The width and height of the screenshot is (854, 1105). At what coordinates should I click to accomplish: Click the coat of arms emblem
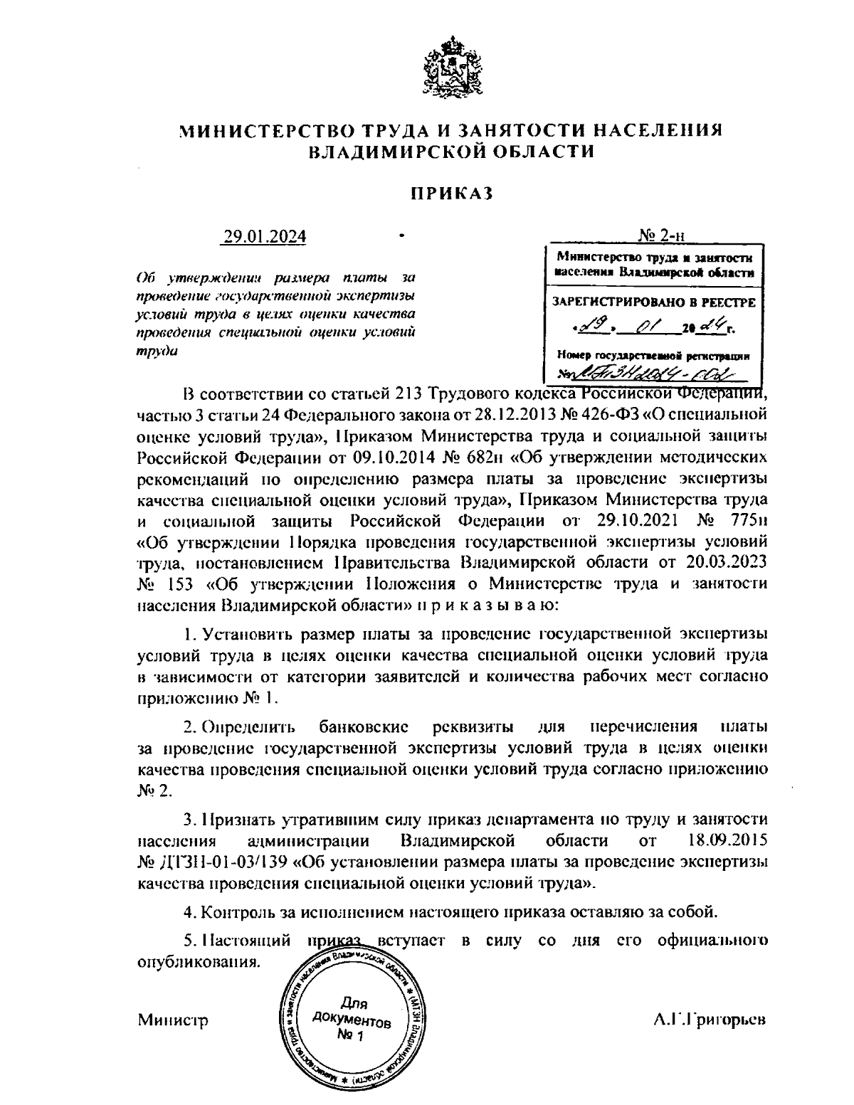tap(447, 71)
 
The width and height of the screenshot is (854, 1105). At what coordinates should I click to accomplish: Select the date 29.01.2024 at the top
tap(264, 236)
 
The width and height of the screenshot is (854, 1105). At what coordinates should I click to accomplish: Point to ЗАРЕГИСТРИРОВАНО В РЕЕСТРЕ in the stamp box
tap(654, 302)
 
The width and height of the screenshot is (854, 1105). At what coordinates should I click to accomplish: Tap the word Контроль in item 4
tap(236, 911)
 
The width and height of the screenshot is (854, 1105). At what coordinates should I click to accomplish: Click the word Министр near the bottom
tap(172, 1020)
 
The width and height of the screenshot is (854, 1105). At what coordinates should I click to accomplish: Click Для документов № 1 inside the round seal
tap(352, 1019)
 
